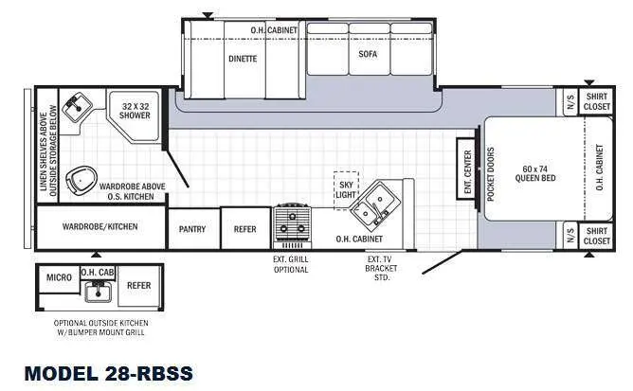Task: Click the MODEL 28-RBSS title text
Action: [108, 372]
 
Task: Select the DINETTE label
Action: [243, 58]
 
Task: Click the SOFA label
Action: [368, 54]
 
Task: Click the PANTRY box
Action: [193, 227]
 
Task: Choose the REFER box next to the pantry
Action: [245, 227]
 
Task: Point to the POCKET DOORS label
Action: [491, 172]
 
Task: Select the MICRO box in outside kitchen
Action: [59, 277]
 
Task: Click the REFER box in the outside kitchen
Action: [138, 285]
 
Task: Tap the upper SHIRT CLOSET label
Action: [597, 102]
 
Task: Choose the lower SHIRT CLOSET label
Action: [597, 236]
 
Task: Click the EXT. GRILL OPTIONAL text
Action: [291, 264]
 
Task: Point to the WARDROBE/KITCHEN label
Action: [100, 227]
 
